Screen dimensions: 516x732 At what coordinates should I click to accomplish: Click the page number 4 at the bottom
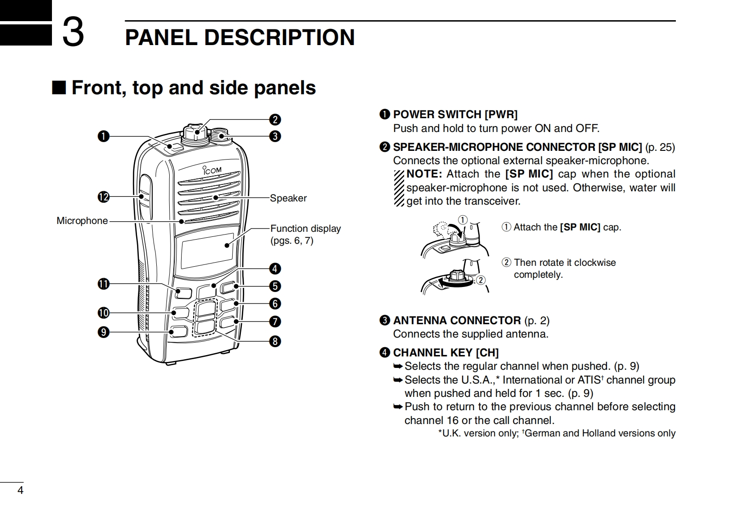(x=20, y=490)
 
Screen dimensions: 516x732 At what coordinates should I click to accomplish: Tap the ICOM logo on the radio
(x=212, y=170)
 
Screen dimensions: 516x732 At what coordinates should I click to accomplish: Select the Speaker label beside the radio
(x=288, y=198)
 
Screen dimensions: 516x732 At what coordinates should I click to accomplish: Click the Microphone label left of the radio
(x=82, y=221)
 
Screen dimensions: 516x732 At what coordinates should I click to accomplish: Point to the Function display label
(x=305, y=229)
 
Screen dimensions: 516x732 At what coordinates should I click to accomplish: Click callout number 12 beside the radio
(x=103, y=197)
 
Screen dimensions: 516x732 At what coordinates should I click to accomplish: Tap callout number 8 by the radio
(x=275, y=341)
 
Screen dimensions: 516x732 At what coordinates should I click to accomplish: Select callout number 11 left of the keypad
(x=103, y=284)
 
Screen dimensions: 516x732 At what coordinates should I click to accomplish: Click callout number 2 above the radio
(x=275, y=120)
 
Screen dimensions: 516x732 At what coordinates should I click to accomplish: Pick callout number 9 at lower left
(x=103, y=332)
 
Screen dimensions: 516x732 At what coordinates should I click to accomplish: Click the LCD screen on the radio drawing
(x=207, y=251)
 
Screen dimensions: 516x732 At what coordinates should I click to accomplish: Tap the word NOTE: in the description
(x=424, y=174)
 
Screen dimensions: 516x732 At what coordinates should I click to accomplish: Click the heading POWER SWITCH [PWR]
(x=455, y=115)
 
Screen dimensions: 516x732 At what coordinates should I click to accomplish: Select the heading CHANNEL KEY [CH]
(x=446, y=353)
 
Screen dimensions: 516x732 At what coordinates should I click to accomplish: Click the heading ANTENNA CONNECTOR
(x=457, y=321)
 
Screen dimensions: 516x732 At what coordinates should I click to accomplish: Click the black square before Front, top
(x=59, y=87)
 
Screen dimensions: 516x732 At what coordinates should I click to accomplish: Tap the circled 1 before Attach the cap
(x=506, y=227)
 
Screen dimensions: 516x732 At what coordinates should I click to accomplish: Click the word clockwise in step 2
(x=595, y=263)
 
